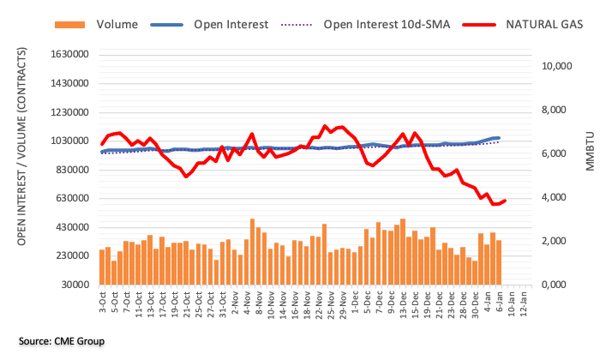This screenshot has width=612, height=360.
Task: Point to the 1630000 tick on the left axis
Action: click(70, 55)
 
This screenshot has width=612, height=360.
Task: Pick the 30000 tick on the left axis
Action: click(76, 285)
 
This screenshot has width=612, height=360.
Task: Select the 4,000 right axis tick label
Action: click(556, 197)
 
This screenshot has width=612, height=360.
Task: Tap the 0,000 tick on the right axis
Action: click(556, 285)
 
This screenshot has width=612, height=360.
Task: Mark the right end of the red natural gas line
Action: click(506, 201)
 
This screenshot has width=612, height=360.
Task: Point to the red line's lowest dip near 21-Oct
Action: click(186, 176)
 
